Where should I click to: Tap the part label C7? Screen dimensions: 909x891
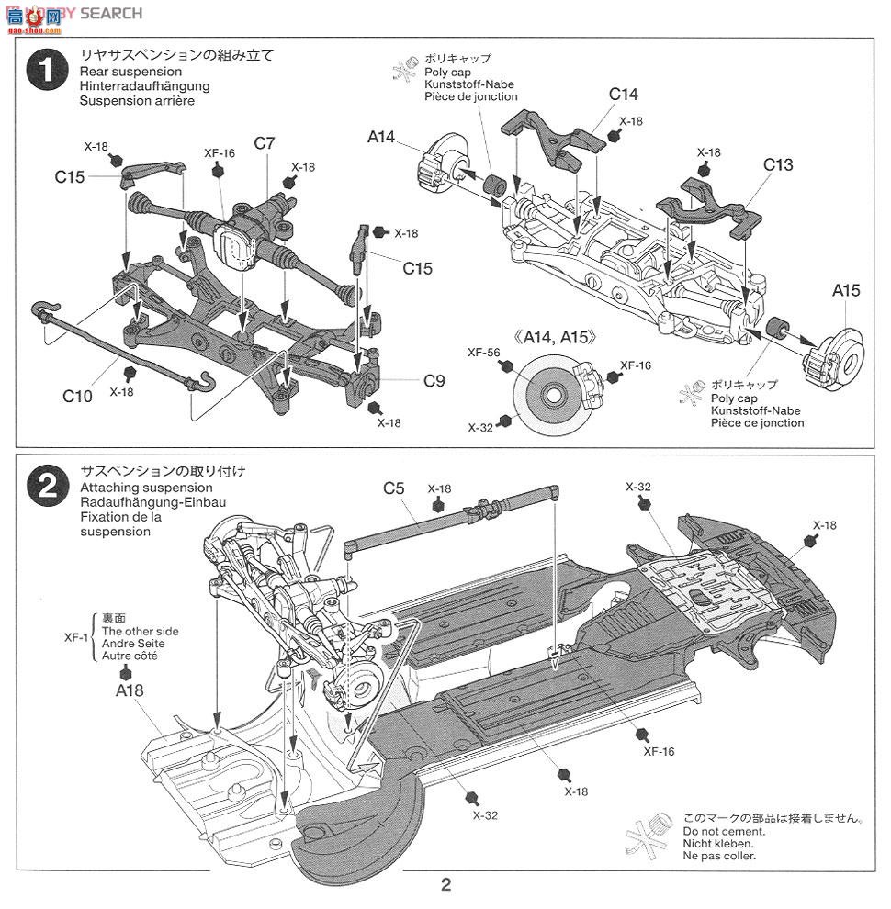tap(265, 143)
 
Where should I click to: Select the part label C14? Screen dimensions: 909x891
tap(623, 95)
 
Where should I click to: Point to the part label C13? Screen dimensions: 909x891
tap(777, 165)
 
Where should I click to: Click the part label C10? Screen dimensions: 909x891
tap(77, 396)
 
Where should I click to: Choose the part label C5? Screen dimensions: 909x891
tap(394, 488)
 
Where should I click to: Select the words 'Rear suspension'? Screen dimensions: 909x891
tap(130, 72)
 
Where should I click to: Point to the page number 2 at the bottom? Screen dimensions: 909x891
tap(445, 886)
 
